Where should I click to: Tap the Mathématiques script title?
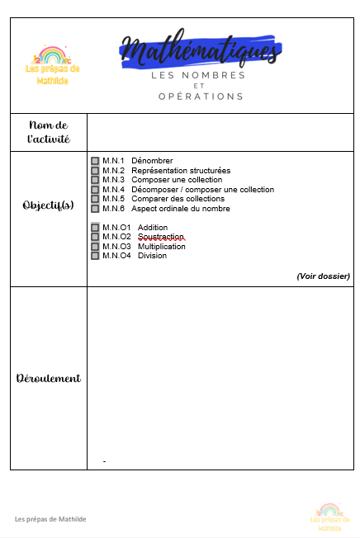point(199,51)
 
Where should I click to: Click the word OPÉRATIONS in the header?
point(201,96)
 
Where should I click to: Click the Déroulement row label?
point(49,378)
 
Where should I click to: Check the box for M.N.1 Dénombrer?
point(95,161)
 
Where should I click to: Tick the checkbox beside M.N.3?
point(95,180)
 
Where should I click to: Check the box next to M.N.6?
point(95,209)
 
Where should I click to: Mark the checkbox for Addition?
point(95,228)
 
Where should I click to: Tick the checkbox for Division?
point(95,256)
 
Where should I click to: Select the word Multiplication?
point(163,246)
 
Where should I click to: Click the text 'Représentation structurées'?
point(181,171)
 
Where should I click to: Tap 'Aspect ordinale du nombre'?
point(180,209)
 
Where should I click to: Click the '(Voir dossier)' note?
point(323,276)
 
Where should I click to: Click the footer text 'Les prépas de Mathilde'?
point(50,519)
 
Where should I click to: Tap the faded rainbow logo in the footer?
point(329,512)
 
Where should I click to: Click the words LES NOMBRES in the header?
point(198,75)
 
